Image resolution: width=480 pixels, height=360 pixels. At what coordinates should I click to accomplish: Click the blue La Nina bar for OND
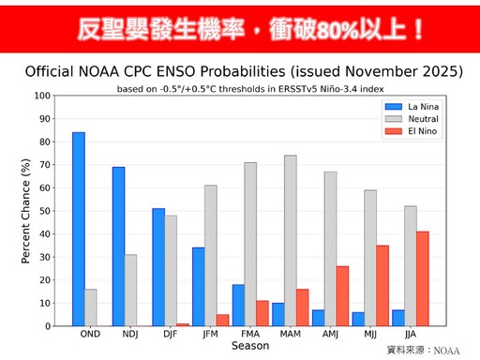tap(79, 230)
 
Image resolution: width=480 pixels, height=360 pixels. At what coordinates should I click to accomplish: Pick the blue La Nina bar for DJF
tap(158, 267)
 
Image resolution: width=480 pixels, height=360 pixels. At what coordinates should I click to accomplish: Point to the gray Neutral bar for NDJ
tap(131, 291)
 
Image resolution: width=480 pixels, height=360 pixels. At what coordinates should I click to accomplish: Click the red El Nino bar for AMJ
tap(343, 296)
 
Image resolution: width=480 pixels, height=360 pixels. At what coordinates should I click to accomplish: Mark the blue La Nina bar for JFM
tap(199, 287)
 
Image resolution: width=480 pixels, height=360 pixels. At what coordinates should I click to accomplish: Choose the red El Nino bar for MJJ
tap(382, 286)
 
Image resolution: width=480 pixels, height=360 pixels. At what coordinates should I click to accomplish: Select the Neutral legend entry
tap(418, 118)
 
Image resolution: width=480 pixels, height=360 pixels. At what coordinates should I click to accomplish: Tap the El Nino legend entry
tap(418, 130)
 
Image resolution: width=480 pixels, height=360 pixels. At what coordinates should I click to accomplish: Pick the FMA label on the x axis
tap(250, 335)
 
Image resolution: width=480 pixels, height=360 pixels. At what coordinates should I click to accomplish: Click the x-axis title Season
tap(249, 346)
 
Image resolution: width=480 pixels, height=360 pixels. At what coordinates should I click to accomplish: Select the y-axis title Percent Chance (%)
tap(25, 211)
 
